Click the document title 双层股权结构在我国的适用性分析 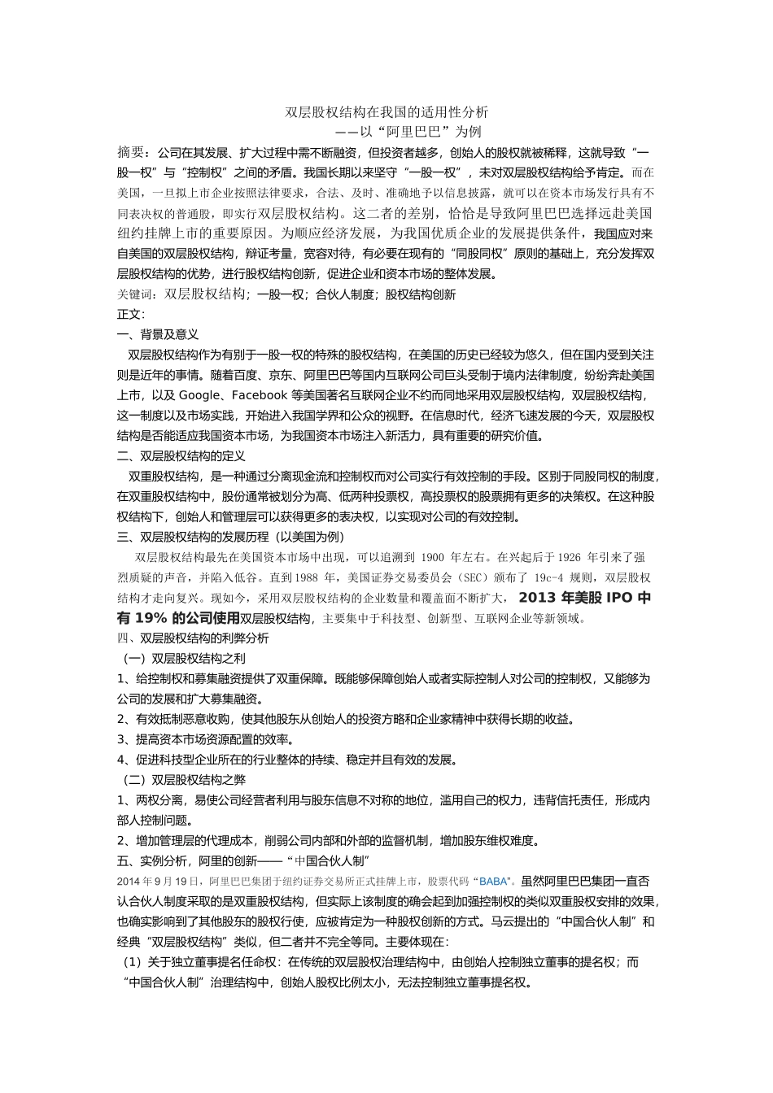[x=386, y=112]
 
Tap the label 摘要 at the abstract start [x=131, y=152]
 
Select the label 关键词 [x=134, y=294]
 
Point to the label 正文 [x=130, y=314]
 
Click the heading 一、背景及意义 [x=158, y=334]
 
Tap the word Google [x=199, y=395]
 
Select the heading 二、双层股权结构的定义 [x=181, y=456]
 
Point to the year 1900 [x=434, y=558]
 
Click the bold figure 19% [x=152, y=618]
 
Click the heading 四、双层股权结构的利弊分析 [x=193, y=638]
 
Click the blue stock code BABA [x=492, y=882]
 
